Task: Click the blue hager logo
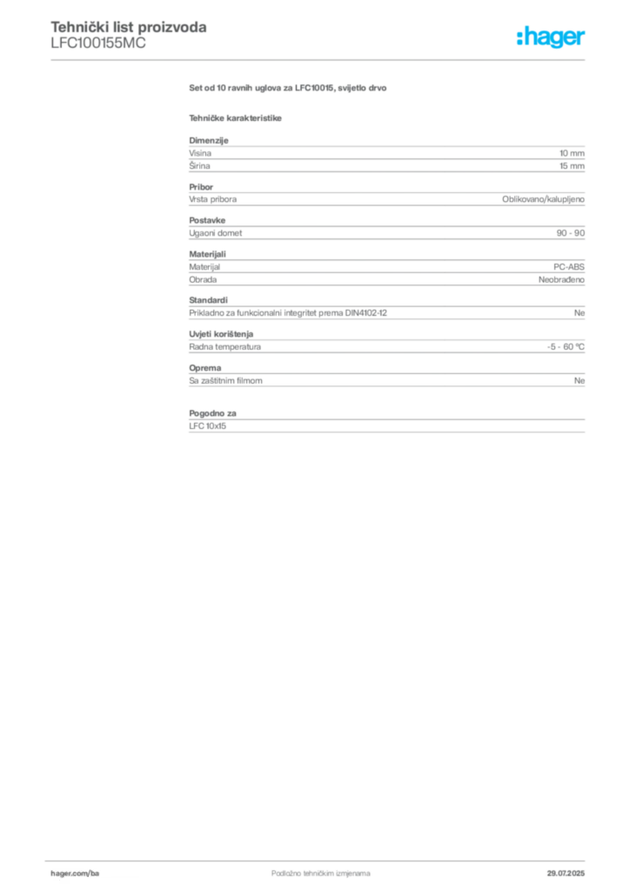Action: pos(552,38)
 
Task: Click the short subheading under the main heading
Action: pos(237,118)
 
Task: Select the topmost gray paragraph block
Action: pos(385,157)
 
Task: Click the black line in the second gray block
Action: pos(372,199)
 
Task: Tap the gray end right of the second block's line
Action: pos(546,199)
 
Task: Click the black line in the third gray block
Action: pos(396,233)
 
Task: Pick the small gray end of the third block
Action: pos(571,233)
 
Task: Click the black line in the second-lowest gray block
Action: pos(418,379)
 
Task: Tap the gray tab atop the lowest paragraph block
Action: pos(212,410)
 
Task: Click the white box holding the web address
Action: pos(97,873)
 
